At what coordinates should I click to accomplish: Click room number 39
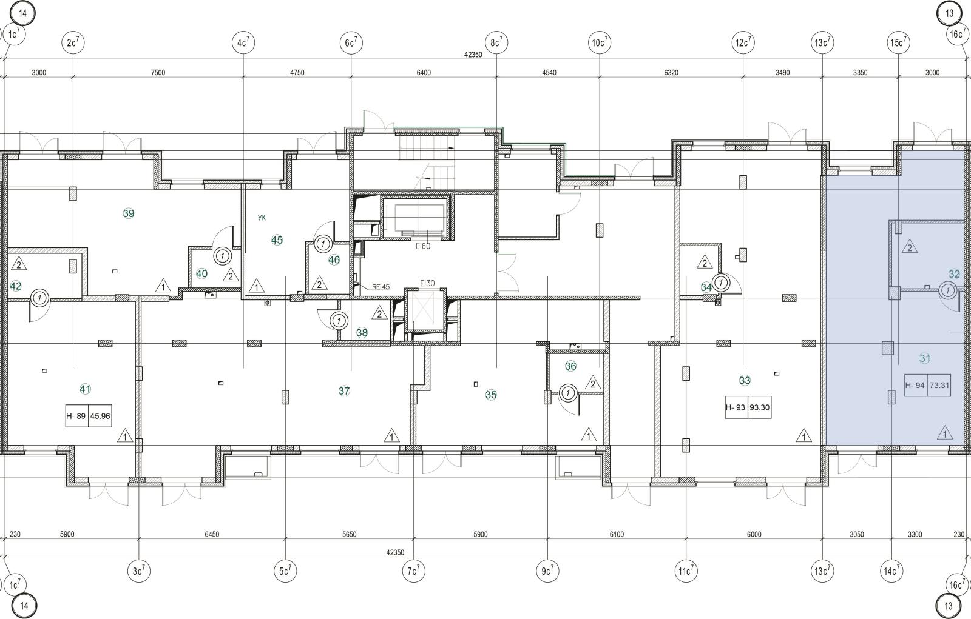(x=129, y=213)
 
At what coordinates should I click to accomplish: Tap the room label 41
(x=85, y=389)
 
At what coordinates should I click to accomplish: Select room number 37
(x=344, y=391)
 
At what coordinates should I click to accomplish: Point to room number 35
(x=491, y=395)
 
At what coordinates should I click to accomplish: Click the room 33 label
(x=745, y=380)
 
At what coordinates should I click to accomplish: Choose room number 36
(x=570, y=366)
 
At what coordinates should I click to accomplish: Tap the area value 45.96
(x=100, y=416)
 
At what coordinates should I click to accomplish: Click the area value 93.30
(x=759, y=407)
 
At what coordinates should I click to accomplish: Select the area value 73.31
(x=939, y=385)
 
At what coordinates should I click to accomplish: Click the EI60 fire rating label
(x=423, y=246)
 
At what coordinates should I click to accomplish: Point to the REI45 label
(x=381, y=287)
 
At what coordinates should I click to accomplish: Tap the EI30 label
(x=427, y=283)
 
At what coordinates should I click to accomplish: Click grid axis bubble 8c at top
(x=496, y=42)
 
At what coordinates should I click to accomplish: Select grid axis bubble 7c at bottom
(x=413, y=571)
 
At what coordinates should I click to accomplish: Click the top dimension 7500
(x=158, y=72)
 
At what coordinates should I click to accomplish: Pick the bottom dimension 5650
(x=350, y=534)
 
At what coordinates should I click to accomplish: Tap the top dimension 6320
(x=671, y=72)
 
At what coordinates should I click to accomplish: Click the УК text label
(x=262, y=218)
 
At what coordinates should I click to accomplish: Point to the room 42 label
(x=16, y=286)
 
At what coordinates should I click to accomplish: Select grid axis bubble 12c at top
(x=743, y=42)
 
